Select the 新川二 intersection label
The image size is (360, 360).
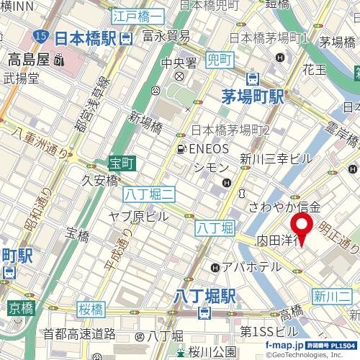[x=332, y=295]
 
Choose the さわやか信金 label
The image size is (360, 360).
[x=283, y=207]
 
